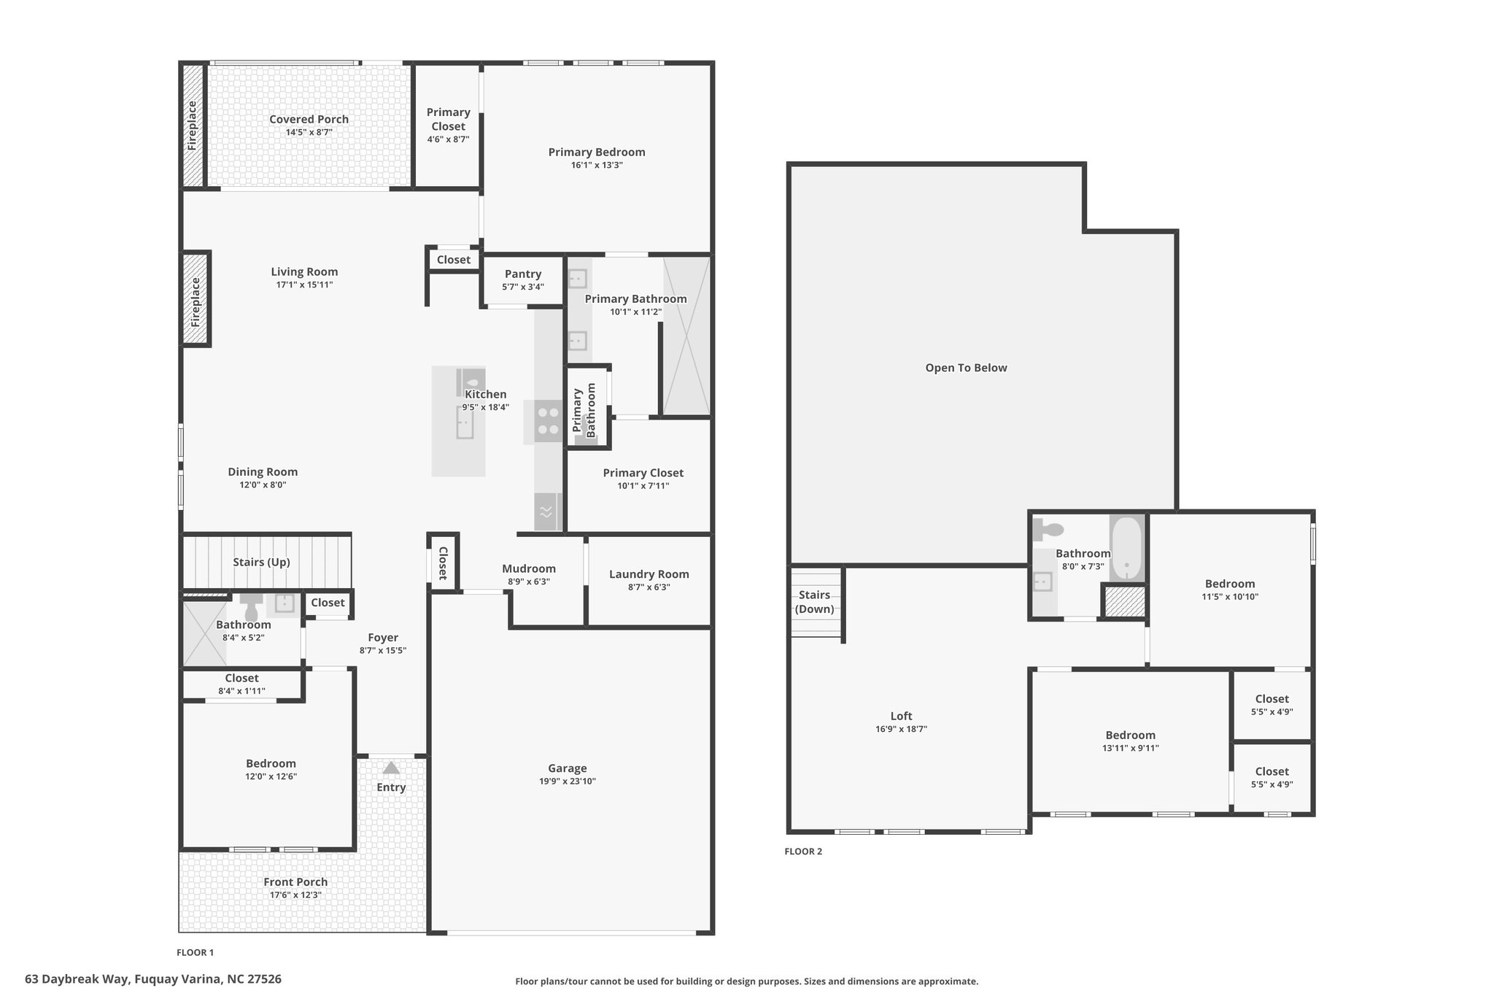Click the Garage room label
point(568,768)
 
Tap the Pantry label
point(523,274)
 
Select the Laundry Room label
point(649,574)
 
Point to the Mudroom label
point(529,568)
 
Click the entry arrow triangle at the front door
point(391,768)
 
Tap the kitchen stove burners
point(549,422)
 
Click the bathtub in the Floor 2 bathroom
point(1127,549)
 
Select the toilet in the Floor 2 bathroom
point(1048,529)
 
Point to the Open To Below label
point(966,368)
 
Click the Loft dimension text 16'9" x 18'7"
point(902,729)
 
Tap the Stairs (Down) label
point(815,602)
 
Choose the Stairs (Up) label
point(261,562)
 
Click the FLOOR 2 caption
point(803,852)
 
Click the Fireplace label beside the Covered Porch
point(193,126)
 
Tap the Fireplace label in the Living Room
point(196,301)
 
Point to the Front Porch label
point(295,882)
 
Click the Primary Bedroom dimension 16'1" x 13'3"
point(597,165)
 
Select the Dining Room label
point(263,472)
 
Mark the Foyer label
point(383,638)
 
